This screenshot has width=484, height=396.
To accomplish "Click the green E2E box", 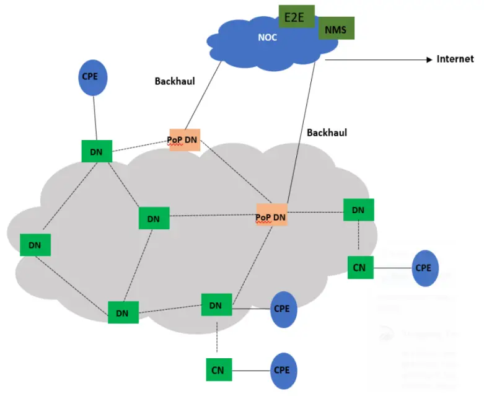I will [x=296, y=17].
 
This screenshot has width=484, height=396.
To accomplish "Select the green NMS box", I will [x=336, y=29].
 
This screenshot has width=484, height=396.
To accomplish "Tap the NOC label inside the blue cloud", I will [x=267, y=38].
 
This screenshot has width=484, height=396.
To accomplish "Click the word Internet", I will [x=455, y=59].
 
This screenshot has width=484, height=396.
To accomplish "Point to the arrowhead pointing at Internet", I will [x=428, y=59].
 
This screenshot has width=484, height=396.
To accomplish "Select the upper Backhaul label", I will [x=175, y=81].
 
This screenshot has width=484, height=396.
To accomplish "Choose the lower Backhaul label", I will [x=327, y=133].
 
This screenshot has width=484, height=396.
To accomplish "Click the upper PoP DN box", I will [x=184, y=140].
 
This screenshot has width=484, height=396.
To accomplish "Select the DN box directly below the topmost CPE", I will [x=97, y=151].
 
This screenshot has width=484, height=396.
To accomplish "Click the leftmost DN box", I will [x=35, y=245].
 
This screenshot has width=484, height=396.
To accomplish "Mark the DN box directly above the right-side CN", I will [x=358, y=210].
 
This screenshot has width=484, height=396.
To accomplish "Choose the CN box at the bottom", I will [x=217, y=370].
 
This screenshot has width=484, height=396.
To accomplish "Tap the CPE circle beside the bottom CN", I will [x=283, y=370].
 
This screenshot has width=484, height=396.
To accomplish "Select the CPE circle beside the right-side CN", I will [x=425, y=268].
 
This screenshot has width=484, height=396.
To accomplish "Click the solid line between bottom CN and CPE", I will [x=250, y=371].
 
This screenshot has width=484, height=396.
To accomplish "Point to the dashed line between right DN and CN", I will [x=359, y=239].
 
